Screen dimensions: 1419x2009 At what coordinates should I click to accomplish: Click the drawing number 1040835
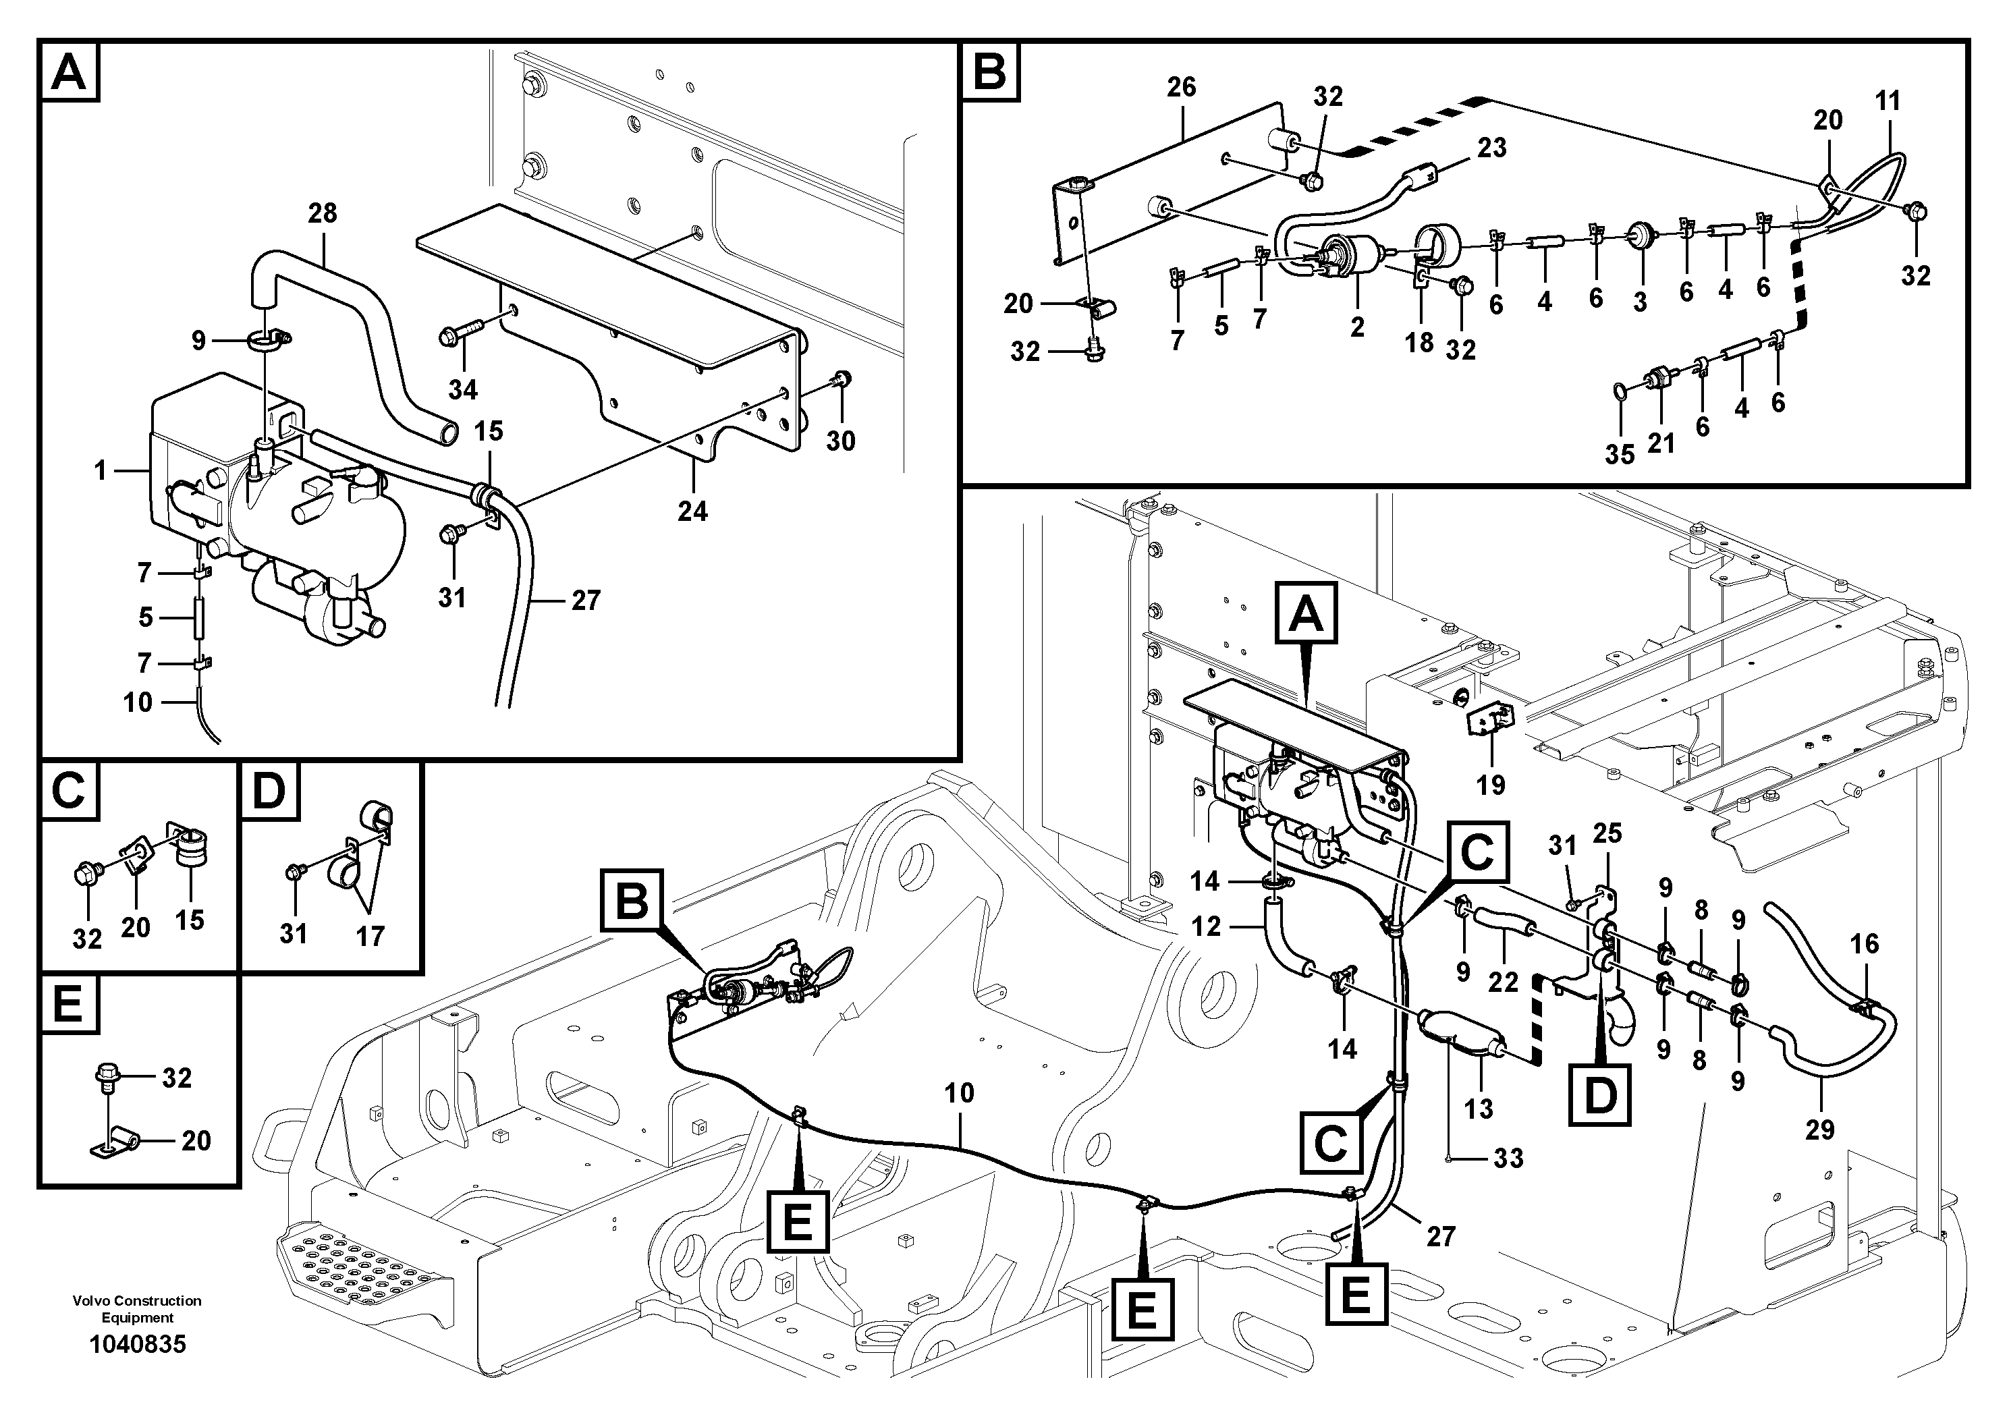tap(138, 1343)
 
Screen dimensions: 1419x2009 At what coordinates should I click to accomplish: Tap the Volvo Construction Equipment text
tap(138, 1309)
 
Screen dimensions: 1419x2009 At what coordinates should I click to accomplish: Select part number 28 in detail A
tap(322, 213)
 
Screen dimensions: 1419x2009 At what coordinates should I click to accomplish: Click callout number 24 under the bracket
tap(692, 511)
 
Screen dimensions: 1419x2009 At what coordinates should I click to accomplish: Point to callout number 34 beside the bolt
tap(463, 389)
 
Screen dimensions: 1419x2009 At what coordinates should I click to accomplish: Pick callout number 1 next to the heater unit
tap(101, 472)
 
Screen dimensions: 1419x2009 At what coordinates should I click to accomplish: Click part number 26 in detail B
tap(1181, 88)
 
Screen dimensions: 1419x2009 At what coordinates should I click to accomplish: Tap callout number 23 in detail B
tap(1492, 148)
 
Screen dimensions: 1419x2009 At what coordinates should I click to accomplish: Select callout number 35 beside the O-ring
tap(1620, 455)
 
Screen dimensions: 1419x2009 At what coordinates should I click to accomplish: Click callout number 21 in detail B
tap(1661, 443)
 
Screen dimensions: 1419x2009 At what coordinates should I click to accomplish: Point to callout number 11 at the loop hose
tap(1888, 101)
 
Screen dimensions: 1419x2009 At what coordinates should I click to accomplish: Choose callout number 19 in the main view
tap(1491, 785)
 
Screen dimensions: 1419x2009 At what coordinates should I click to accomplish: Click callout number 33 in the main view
tap(1508, 1159)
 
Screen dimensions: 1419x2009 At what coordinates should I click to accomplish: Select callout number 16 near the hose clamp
tap(1865, 943)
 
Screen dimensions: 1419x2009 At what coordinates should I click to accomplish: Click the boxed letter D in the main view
tap(1600, 1095)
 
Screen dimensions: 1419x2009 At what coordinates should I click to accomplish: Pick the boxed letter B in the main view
tap(632, 900)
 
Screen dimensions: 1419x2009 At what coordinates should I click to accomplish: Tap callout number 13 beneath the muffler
tap(1478, 1109)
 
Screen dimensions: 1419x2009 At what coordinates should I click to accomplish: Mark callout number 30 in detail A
tap(840, 441)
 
